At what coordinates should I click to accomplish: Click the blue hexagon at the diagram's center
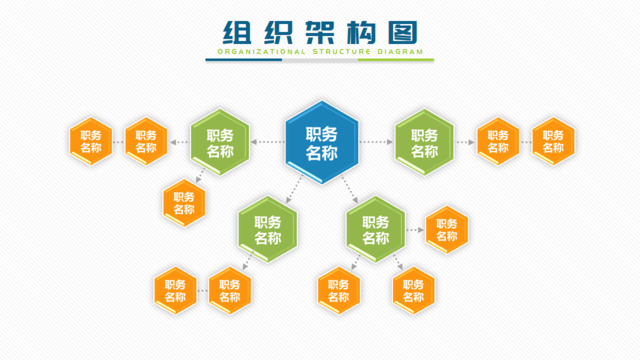pos(321,142)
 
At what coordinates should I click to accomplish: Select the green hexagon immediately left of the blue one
pos(220,142)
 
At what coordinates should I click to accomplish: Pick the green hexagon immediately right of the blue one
pos(424,142)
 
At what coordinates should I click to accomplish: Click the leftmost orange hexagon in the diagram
pos(91,142)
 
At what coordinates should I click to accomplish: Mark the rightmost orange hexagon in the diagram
pos(553,142)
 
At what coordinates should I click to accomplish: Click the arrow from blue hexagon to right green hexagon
pos(375,142)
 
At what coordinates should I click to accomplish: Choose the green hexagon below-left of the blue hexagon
pos(268,230)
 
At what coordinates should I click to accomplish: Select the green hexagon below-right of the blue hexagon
pos(375,230)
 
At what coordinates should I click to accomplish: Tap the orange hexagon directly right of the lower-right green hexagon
pos(446,230)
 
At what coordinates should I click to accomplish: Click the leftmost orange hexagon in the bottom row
pos(175,290)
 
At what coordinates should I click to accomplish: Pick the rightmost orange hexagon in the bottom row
pos(413,290)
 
